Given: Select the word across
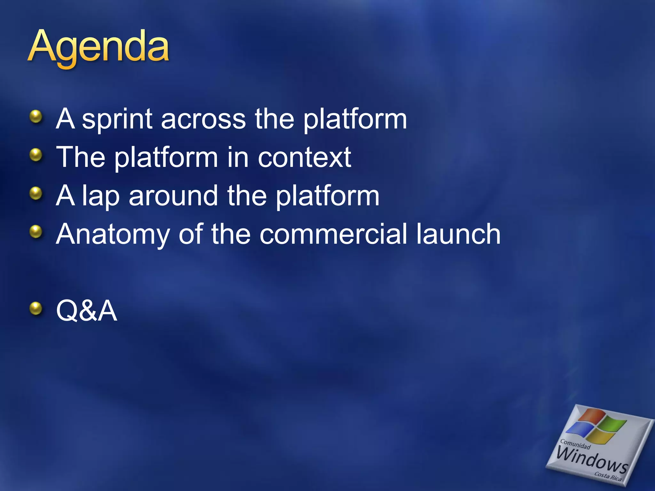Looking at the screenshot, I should tap(203, 119).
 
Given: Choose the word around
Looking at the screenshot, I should tap(173, 196).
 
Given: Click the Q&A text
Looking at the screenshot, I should tap(87, 311).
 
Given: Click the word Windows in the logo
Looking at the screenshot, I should tap(592, 461).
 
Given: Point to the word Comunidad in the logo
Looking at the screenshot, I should tap(575, 444).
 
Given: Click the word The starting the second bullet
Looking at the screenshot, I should tap(81, 157).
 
